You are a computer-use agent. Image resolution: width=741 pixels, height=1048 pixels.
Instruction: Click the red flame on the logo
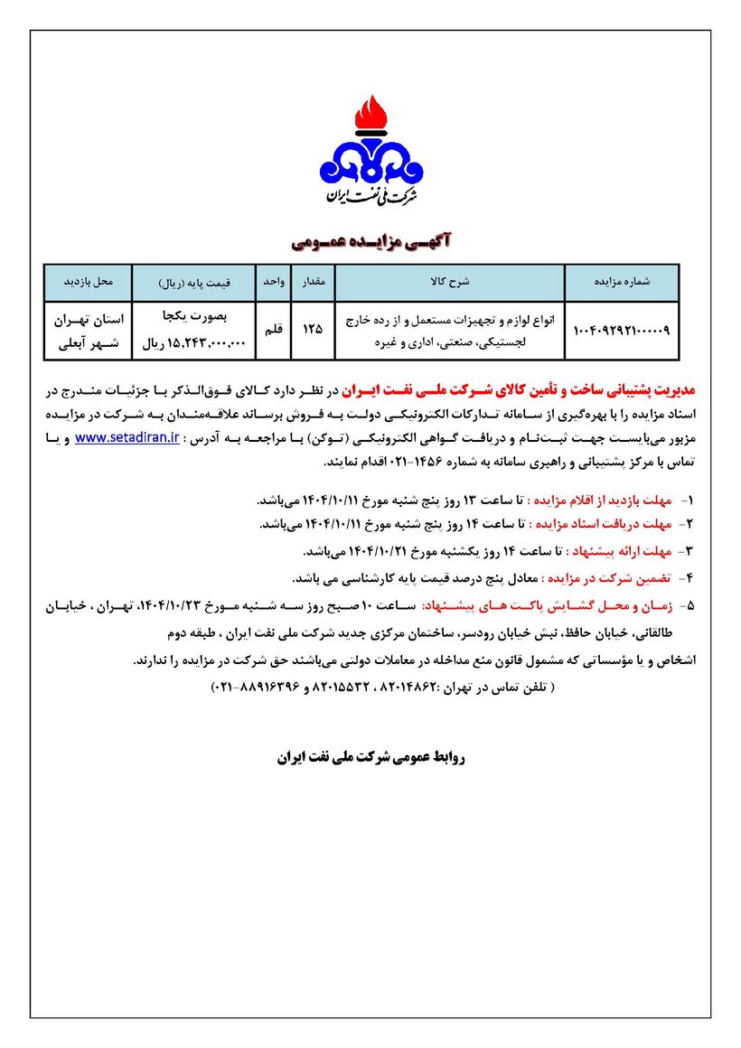(370, 115)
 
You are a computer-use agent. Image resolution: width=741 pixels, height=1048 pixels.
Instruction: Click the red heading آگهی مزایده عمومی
(370, 241)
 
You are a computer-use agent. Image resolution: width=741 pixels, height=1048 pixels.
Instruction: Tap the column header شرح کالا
(452, 282)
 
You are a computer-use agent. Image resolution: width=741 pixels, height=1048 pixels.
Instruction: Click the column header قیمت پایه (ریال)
(194, 283)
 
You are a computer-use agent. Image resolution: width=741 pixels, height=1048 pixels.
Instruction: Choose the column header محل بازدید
(89, 282)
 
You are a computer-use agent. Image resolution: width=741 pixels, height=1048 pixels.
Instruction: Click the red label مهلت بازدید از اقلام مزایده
(611, 500)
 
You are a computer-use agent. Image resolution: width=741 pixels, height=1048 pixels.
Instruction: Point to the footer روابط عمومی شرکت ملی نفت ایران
(370, 756)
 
